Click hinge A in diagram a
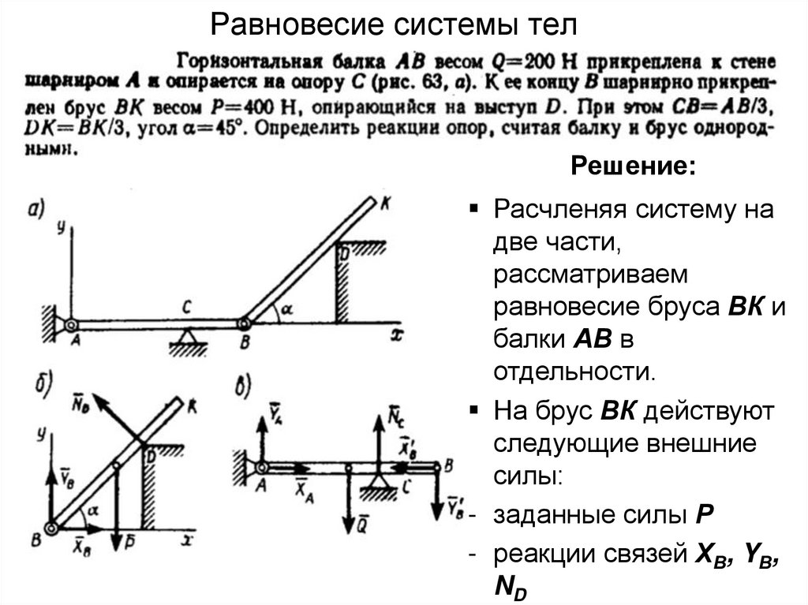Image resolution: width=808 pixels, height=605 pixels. pos(70,323)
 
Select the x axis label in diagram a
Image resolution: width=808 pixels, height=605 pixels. pos(398,334)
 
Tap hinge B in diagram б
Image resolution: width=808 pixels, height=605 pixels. pos(51,530)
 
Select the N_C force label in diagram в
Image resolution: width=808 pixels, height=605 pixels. pos(397,413)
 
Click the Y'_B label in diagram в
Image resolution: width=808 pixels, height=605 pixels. pos(455,505)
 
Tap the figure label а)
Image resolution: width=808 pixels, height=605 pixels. pos(38,208)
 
